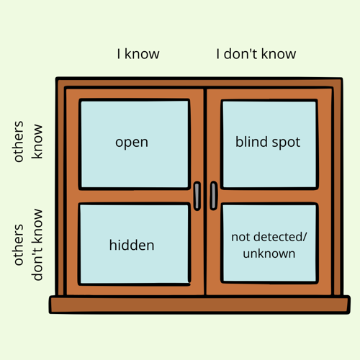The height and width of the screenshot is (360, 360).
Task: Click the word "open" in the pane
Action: point(132,143)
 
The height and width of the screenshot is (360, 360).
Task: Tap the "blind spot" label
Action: point(268,142)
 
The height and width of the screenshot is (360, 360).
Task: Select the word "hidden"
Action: point(132,245)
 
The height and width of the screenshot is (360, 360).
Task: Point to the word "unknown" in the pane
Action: point(269,253)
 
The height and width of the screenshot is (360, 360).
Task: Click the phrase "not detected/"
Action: point(269,237)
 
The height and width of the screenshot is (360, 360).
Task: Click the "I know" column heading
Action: point(138,54)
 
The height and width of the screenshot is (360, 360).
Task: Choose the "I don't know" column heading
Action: point(256,54)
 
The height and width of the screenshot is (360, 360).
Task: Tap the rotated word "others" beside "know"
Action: point(19,142)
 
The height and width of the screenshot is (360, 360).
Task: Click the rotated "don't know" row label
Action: point(37,245)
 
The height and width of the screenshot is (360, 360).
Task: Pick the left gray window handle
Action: point(197,196)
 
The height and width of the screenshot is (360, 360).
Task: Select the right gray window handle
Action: point(214,196)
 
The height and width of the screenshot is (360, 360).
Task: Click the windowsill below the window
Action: point(199,305)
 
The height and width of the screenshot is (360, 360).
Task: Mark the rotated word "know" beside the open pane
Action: point(37,141)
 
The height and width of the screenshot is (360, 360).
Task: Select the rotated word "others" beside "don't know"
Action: point(19,245)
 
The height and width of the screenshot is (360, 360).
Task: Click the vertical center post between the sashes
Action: point(205,192)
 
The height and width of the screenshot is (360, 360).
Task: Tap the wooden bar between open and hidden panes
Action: point(135,197)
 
